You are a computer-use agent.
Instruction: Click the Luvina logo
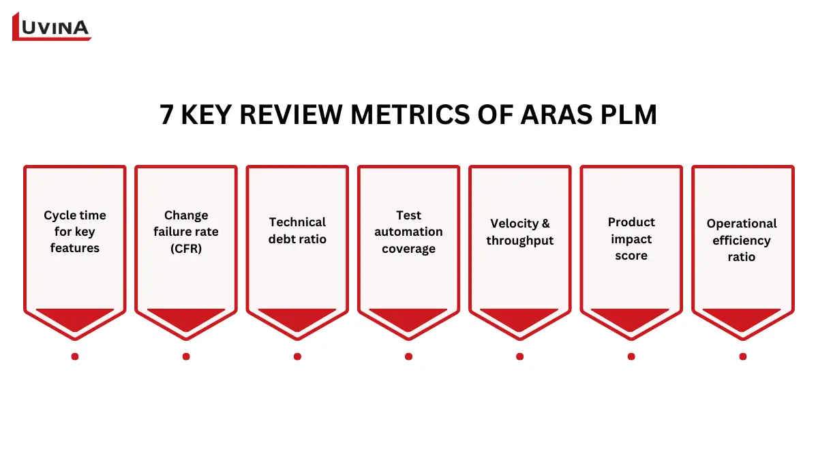click(x=52, y=27)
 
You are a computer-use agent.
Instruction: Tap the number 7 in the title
click(x=167, y=115)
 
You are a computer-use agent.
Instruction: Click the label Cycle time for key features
click(x=75, y=232)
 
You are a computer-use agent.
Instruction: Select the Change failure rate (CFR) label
click(x=186, y=232)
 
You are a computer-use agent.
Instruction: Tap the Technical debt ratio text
click(x=297, y=230)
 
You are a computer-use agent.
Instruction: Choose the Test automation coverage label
click(x=408, y=232)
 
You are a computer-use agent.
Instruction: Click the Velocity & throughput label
click(x=519, y=232)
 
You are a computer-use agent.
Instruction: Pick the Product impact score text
click(x=631, y=239)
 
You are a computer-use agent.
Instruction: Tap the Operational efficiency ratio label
click(x=742, y=240)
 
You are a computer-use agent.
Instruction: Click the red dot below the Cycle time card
click(x=75, y=356)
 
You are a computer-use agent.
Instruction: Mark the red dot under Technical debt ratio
click(x=297, y=356)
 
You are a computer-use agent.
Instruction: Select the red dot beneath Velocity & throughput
click(x=519, y=356)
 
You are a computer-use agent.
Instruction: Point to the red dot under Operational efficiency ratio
click(x=742, y=356)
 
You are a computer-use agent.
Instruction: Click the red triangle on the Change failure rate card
click(x=186, y=318)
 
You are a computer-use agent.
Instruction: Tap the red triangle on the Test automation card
click(x=408, y=318)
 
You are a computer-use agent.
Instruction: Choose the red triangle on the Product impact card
click(x=631, y=318)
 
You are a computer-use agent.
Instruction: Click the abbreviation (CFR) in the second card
click(x=186, y=249)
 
